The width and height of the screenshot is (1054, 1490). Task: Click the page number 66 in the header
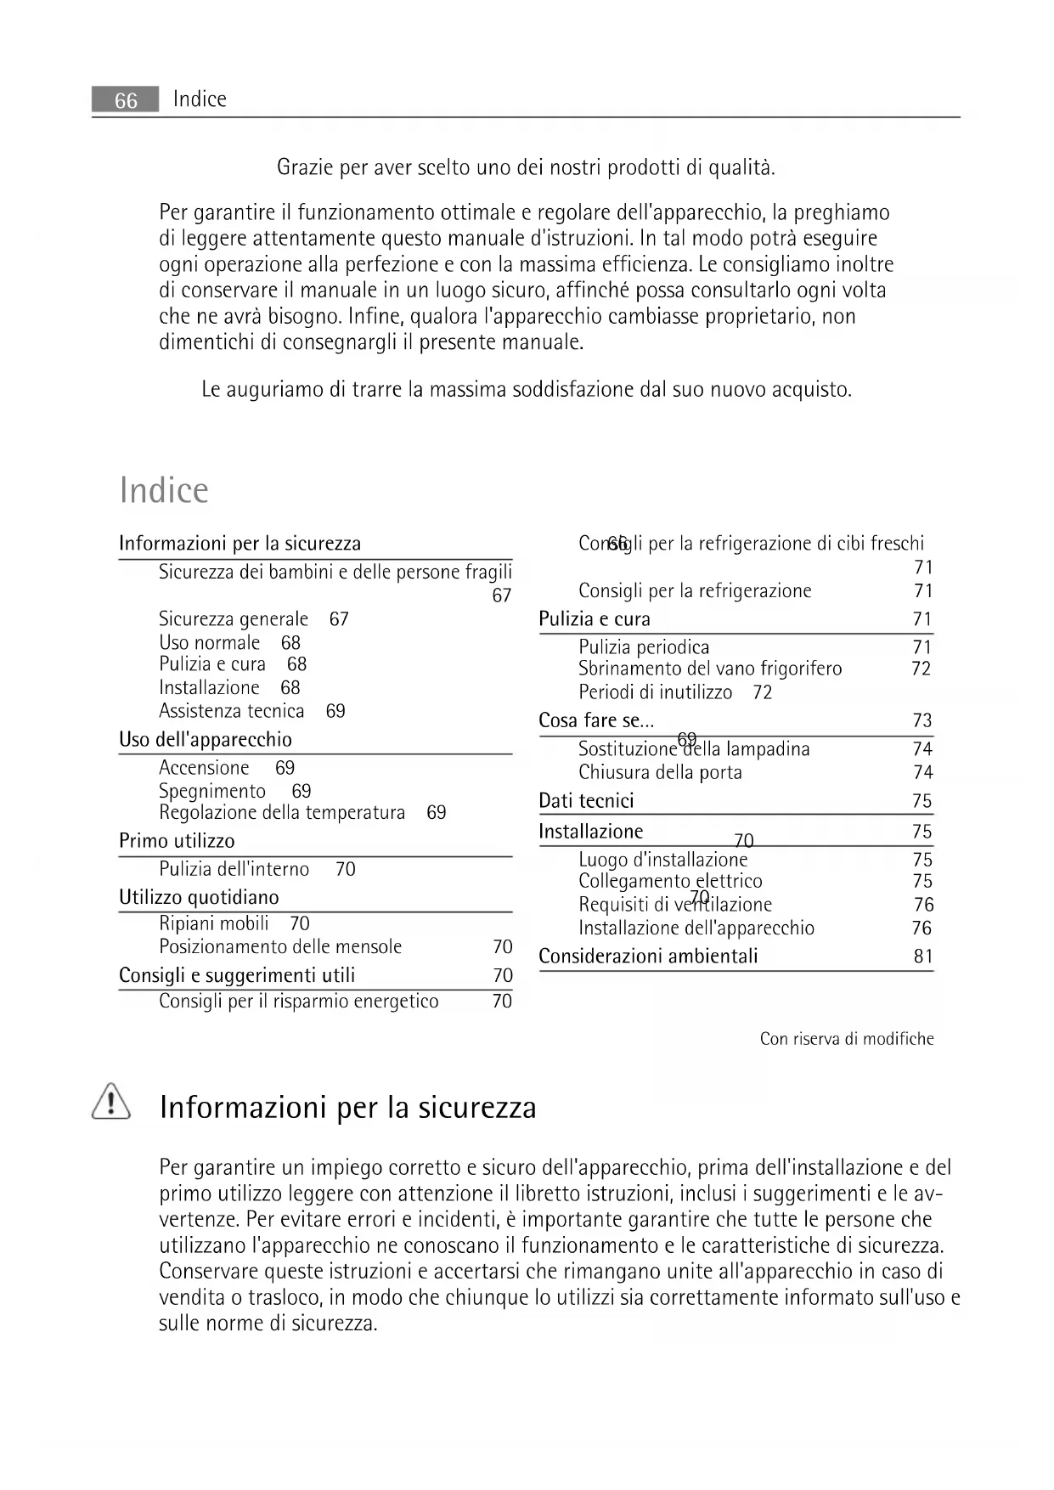[x=126, y=100]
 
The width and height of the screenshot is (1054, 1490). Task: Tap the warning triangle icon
[x=110, y=1102]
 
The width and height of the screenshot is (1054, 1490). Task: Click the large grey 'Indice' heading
[x=164, y=490]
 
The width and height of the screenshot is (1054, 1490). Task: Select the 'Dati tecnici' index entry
[x=586, y=801]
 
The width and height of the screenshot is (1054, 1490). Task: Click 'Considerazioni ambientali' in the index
[x=648, y=957]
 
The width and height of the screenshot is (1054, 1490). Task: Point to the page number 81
[x=923, y=957]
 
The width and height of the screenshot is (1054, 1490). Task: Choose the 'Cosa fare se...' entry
[x=596, y=721]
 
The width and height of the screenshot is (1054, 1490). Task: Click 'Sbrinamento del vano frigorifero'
[x=710, y=669]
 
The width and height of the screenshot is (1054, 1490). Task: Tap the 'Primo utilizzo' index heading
[x=177, y=841]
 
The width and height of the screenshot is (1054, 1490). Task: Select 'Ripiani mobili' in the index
[x=214, y=923]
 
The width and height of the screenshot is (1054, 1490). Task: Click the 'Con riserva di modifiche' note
[x=847, y=1039]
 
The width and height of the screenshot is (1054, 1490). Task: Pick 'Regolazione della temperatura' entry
[x=282, y=813]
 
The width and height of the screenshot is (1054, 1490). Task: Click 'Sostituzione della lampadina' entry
[x=694, y=749]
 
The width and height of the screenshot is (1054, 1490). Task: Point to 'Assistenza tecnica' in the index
[x=231, y=711]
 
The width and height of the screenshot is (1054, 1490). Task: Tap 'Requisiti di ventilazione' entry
[x=675, y=905]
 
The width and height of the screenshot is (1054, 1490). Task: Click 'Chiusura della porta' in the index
[x=660, y=773]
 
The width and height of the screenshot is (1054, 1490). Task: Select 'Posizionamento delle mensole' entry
[x=280, y=947]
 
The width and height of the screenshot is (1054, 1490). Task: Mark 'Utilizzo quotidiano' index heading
[x=199, y=897]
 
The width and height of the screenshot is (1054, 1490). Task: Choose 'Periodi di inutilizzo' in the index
[x=655, y=692]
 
